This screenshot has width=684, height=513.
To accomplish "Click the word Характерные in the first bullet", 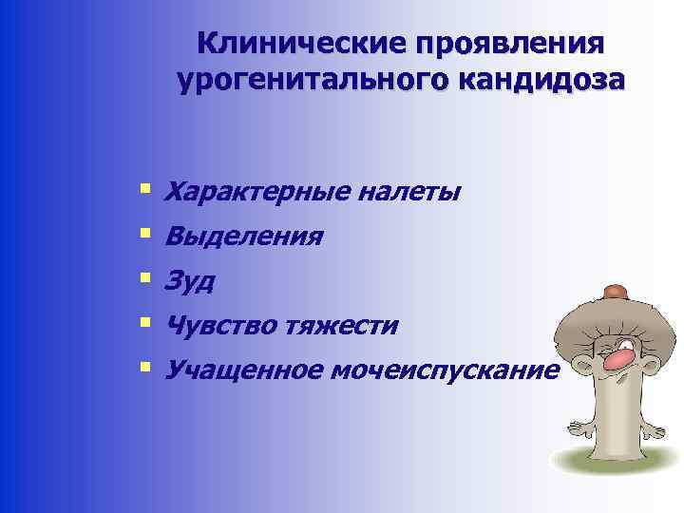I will click(x=257, y=193).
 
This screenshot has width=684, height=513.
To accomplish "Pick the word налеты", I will click(x=410, y=193).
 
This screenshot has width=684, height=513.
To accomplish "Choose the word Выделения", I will click(x=243, y=237).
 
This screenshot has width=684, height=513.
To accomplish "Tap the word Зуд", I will click(x=190, y=281).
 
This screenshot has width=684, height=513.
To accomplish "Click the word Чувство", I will click(x=219, y=326).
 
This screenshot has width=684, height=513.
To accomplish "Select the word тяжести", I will click(x=341, y=326).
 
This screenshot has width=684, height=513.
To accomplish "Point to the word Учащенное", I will click(x=241, y=370).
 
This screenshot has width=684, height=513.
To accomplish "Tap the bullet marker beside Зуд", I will click(x=144, y=278).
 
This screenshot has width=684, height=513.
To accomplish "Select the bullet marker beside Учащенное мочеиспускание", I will click(x=144, y=367).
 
